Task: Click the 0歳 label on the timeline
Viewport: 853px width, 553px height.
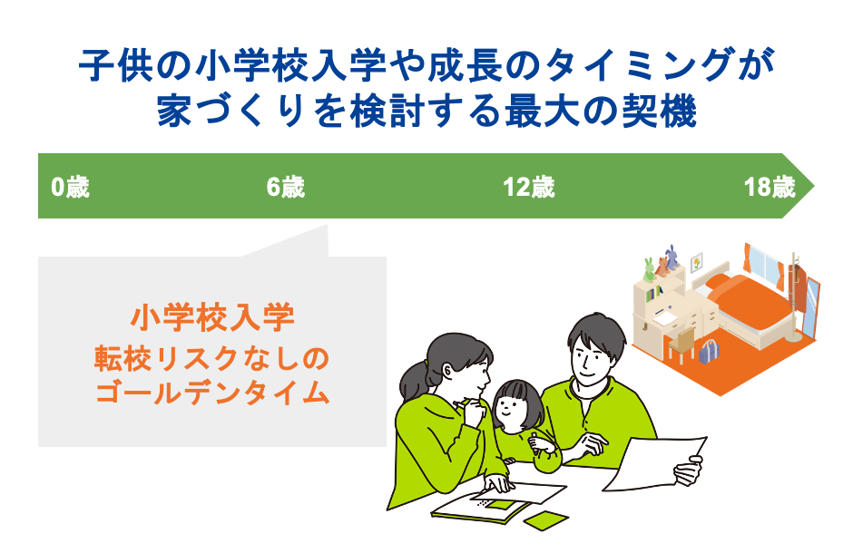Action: (x=70, y=188)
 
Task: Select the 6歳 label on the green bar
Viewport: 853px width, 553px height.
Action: (x=286, y=188)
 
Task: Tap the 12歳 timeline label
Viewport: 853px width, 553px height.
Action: (x=529, y=188)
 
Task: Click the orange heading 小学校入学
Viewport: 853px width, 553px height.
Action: (x=212, y=319)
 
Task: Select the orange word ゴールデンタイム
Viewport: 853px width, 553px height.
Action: (x=212, y=393)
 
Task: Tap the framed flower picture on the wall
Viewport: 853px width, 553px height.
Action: (x=696, y=262)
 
